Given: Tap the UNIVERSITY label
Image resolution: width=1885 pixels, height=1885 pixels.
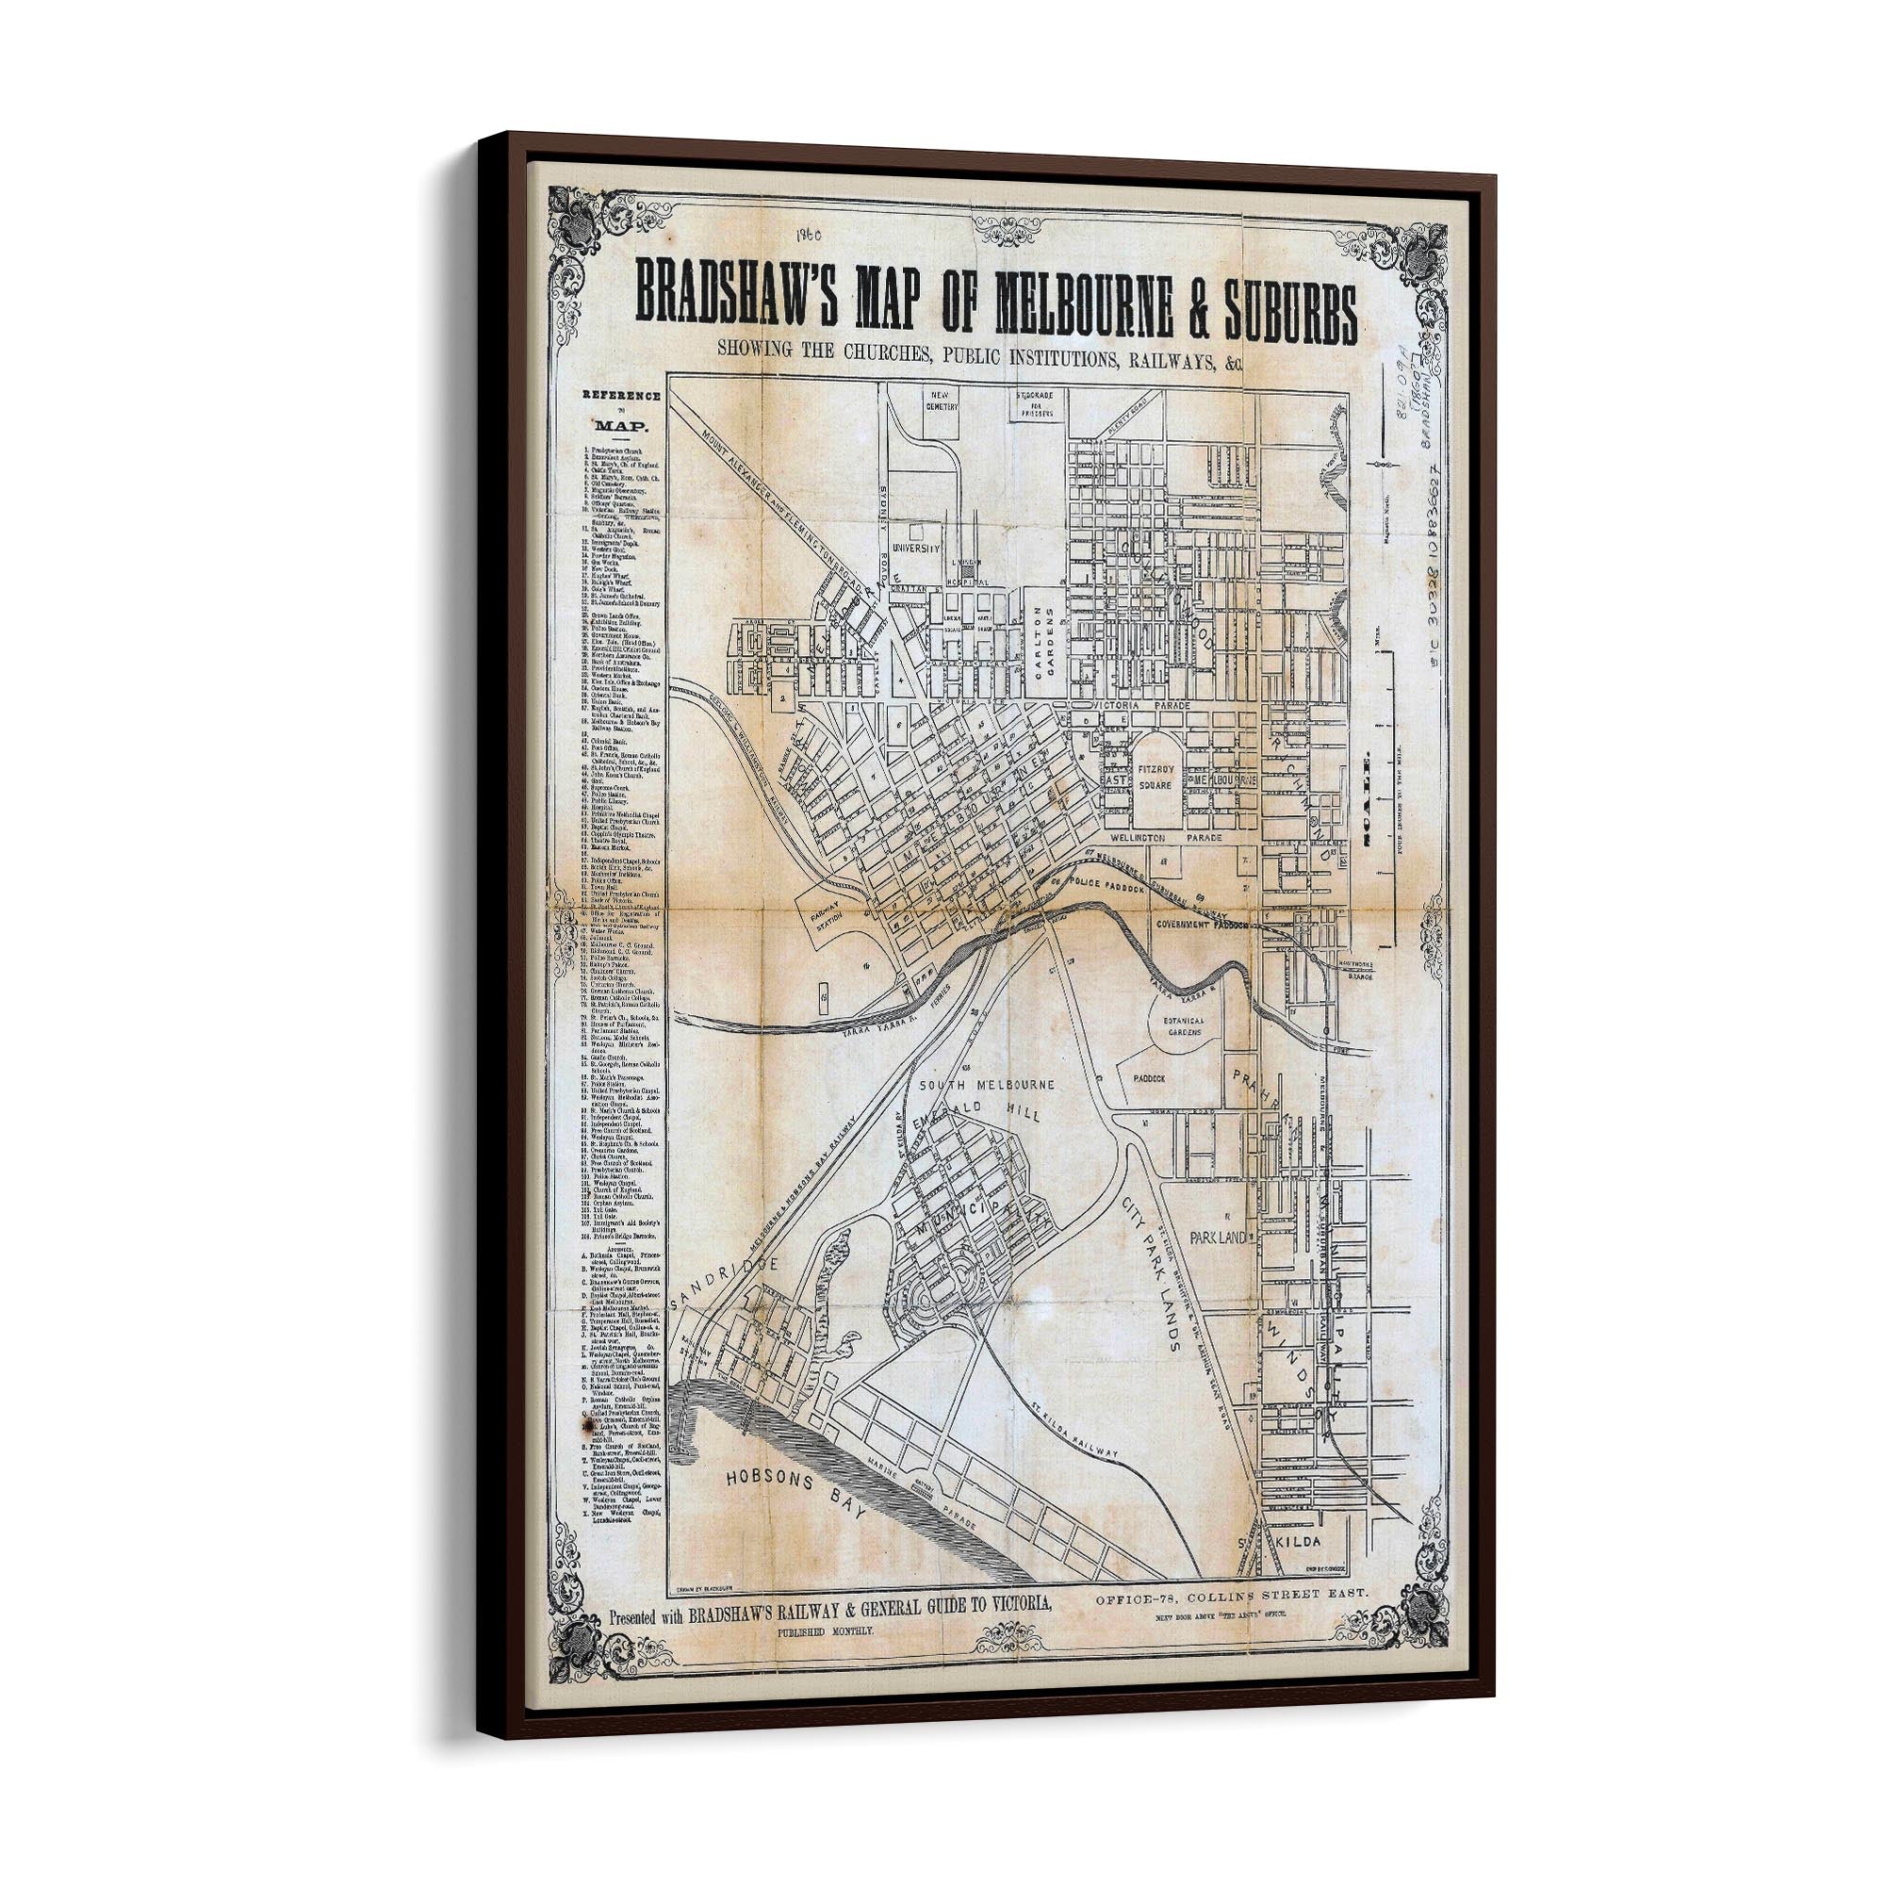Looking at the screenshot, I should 916,549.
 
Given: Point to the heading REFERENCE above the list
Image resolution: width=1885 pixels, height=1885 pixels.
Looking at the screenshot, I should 621,396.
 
